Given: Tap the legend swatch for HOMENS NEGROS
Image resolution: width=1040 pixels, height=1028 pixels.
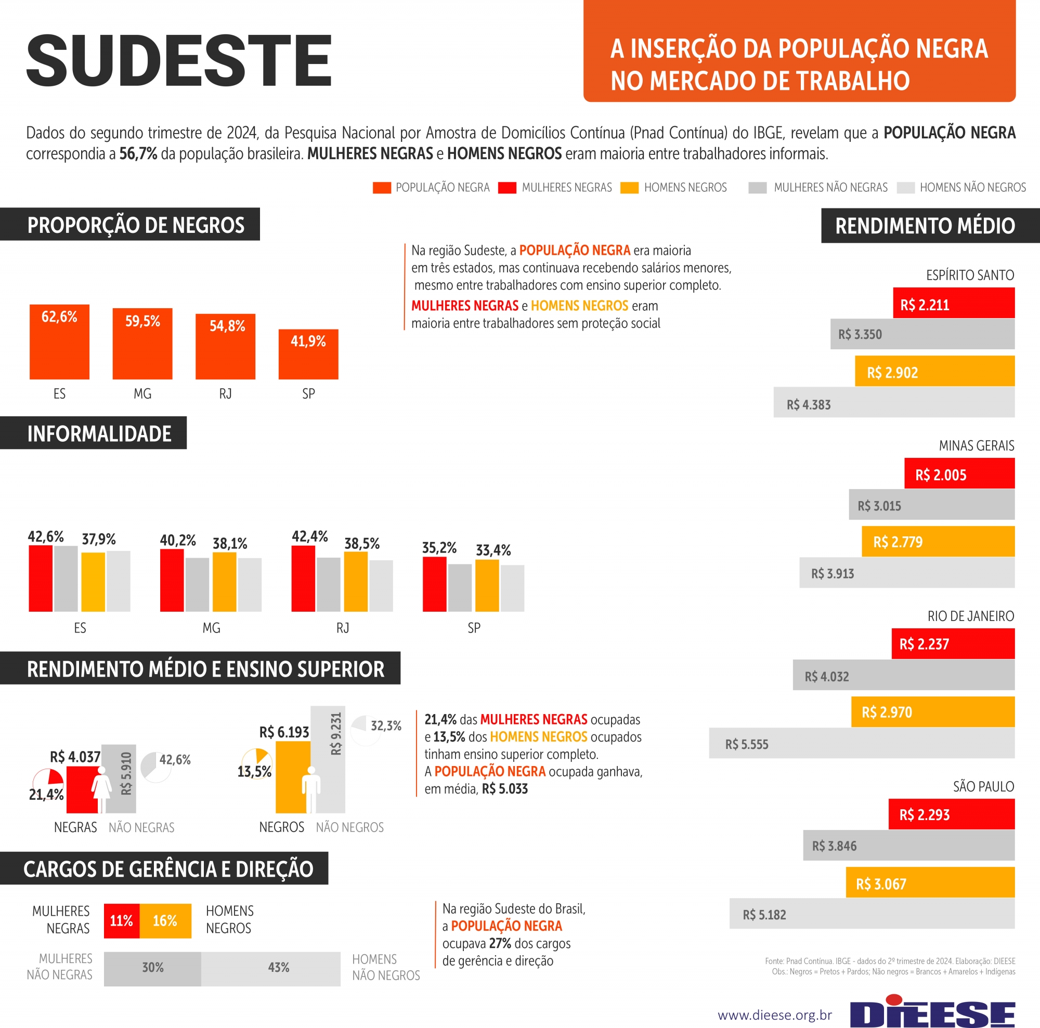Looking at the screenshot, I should pos(629,188).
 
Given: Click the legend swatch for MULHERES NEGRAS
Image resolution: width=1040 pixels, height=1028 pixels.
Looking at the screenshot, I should pos(506,188).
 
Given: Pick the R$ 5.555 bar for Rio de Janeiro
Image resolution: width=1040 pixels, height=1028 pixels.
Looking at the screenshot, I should pos(861,743).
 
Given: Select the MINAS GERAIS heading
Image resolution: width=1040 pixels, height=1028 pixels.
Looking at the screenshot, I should pos(976,445).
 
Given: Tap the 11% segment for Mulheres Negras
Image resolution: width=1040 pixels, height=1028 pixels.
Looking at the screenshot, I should pos(122,920).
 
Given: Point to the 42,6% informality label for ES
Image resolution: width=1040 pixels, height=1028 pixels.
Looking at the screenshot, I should pos(46,536).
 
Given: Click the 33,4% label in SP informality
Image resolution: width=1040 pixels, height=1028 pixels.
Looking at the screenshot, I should pos(493,550).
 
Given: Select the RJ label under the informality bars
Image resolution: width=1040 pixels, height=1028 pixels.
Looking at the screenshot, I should pos(342,628).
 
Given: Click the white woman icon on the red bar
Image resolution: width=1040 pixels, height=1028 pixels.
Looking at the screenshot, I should pos(101,788).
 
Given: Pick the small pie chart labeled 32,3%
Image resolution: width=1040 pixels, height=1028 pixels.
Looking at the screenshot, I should pos(366,730).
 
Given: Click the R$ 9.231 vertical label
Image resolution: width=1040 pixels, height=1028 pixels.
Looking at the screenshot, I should pos(335,734).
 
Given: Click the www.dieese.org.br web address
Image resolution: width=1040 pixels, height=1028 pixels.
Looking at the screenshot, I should pos(775,1015).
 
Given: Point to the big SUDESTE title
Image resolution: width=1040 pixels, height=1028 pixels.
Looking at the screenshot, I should pos(179,60).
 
